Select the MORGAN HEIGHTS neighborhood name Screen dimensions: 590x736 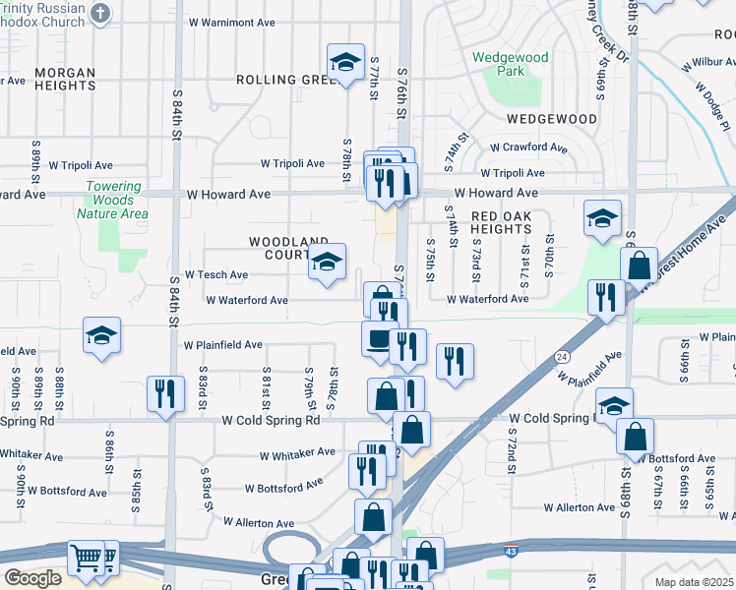tap(65, 79)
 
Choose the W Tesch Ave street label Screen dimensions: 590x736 tap(216, 274)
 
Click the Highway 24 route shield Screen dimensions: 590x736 tap(561, 356)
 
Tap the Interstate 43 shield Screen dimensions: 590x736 tap(510, 556)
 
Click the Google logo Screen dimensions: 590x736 tap(31, 578)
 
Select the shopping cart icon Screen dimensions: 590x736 tap(87, 557)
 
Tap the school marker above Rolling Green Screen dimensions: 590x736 tap(344, 64)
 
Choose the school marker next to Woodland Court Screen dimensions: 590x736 tap(328, 262)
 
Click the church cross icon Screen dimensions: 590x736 tap(100, 13)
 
